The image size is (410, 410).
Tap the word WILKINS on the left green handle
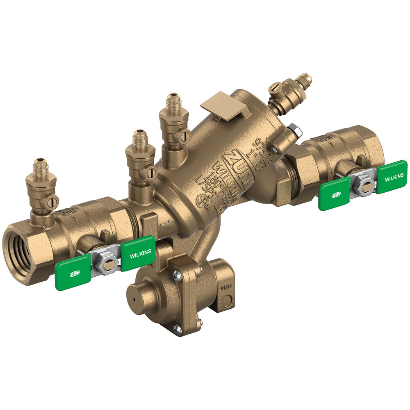tap(140, 253)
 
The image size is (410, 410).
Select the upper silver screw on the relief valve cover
tap(177, 276)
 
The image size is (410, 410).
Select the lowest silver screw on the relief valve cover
tap(177, 329)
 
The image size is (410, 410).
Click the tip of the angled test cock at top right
tap(307, 77)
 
